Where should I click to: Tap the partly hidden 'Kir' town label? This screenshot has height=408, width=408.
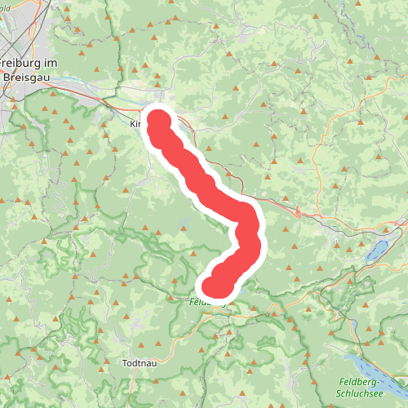[x=136, y=125]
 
